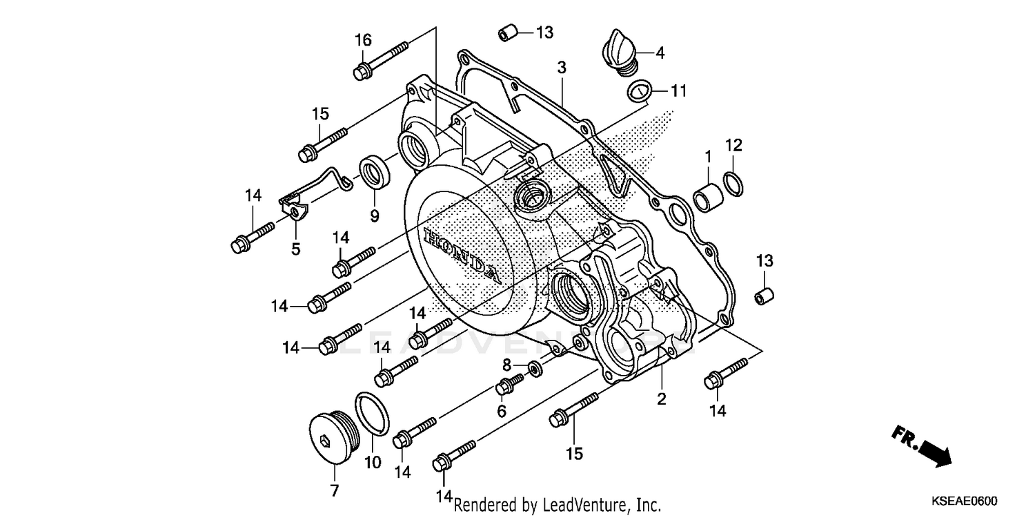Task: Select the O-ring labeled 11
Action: (639, 90)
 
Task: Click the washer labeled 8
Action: (535, 366)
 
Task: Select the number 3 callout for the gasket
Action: (562, 67)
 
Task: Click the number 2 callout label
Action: (661, 399)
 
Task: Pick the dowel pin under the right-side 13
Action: (763, 295)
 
